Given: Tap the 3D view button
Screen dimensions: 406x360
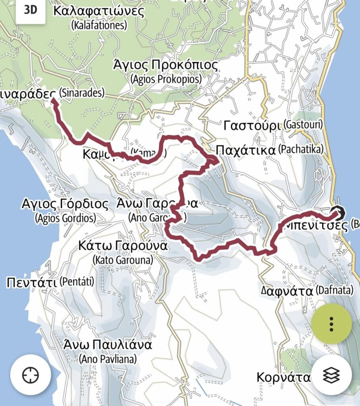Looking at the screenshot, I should coord(30,10).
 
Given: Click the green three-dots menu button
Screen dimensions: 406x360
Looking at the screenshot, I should coord(331,324).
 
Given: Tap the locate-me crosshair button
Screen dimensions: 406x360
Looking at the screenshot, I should coord(31,375).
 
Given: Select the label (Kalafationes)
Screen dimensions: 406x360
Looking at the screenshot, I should coord(99,26).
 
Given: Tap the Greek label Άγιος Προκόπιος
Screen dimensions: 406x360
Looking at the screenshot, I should coord(166,65).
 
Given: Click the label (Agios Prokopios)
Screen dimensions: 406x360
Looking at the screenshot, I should coord(166,79).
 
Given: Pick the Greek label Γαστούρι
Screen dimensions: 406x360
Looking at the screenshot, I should coord(253,126).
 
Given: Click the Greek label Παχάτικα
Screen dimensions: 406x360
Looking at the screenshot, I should coord(245,150).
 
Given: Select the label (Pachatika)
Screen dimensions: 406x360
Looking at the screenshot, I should coord(301,150).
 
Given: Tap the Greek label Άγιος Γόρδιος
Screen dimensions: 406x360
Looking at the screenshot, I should coord(65,204).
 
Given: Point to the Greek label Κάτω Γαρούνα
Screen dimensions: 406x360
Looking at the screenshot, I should coord(123,246).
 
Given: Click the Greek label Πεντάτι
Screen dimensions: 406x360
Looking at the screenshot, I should coord(32,283).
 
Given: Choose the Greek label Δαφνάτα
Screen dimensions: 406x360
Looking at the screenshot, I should coord(287,291).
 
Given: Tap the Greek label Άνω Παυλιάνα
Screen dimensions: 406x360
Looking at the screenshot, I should coord(108,345).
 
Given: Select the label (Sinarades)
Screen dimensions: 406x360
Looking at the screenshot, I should coord(82,94).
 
